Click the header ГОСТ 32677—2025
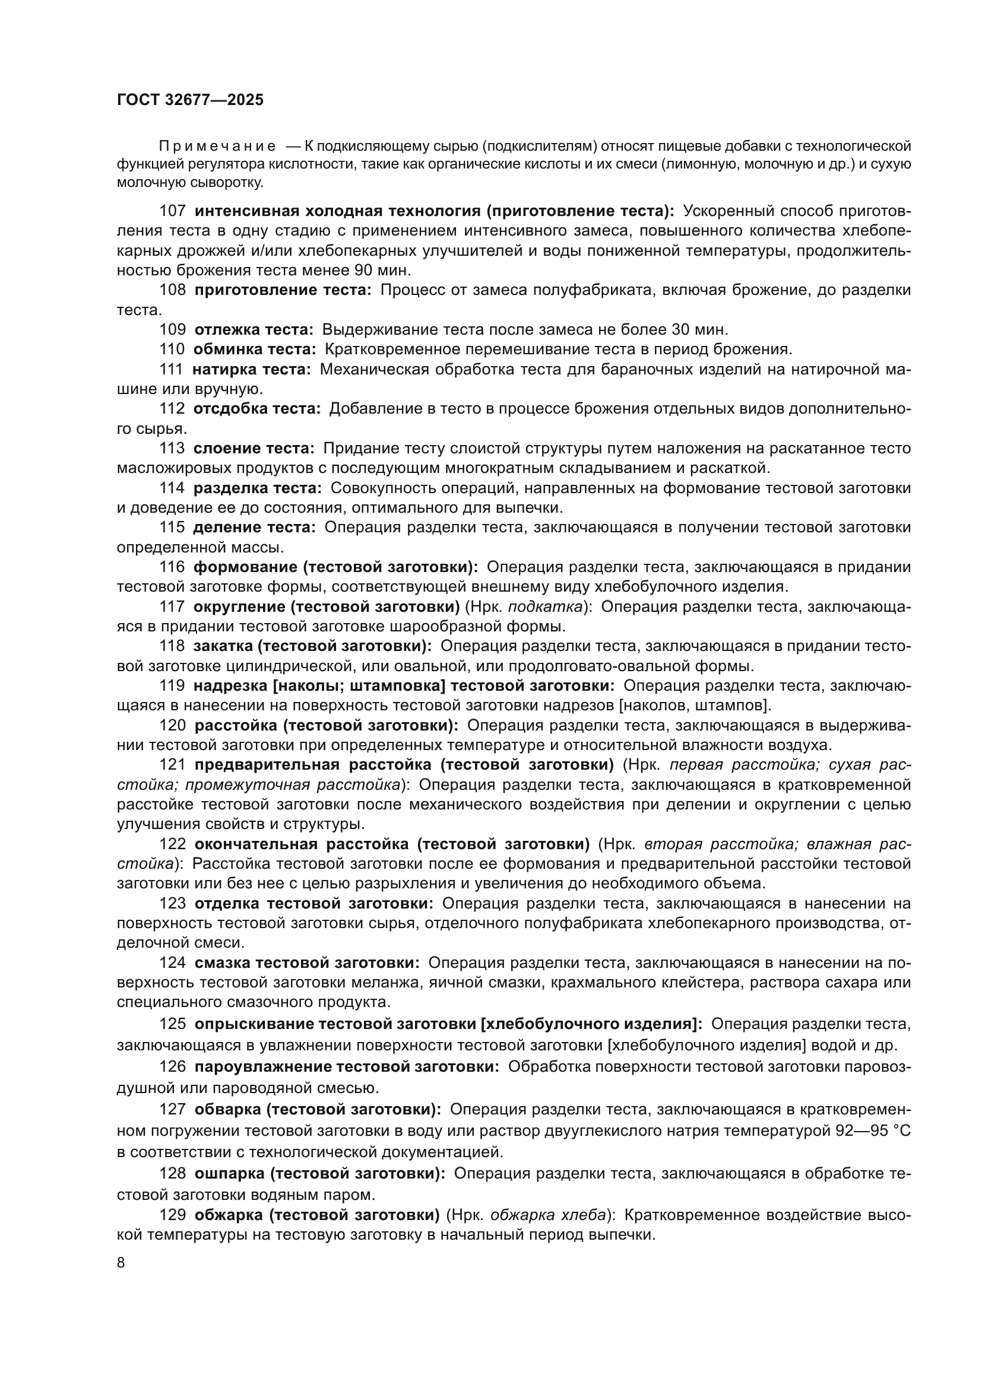190,100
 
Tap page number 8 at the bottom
121,1262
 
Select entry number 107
172,211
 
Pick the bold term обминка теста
255,350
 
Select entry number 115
172,528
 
